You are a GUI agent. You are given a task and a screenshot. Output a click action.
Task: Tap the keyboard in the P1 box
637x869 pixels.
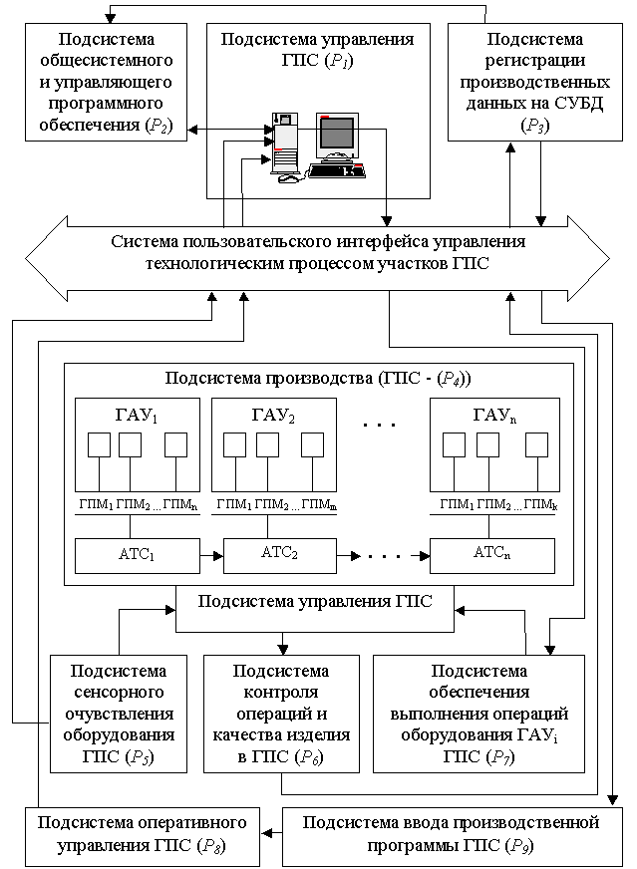coord(337,171)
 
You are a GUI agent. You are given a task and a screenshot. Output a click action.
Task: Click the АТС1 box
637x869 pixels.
coord(138,555)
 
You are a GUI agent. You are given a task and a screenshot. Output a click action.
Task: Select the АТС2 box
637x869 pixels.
coord(280,555)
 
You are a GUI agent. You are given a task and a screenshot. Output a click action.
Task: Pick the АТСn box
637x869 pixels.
coord(492,555)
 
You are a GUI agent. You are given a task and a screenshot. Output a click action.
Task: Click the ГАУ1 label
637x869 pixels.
coord(137,416)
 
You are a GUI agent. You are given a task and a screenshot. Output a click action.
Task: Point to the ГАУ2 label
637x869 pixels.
coord(273,416)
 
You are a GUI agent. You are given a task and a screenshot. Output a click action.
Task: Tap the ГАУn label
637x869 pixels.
coord(494,416)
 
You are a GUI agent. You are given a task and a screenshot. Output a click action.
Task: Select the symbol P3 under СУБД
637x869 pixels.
coord(535,126)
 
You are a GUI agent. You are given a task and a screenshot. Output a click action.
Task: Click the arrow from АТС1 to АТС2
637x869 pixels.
coord(211,555)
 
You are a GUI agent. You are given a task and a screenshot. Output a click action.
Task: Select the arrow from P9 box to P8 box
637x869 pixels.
coord(271,833)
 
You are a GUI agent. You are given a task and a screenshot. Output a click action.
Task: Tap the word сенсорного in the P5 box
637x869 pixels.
coord(119,693)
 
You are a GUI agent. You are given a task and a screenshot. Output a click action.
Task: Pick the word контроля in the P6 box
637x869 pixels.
coord(281,693)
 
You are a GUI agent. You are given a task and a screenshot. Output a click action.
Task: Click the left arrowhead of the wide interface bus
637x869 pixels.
coord(26,259)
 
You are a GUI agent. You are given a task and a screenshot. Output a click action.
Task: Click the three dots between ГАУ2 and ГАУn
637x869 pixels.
coord(380,426)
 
